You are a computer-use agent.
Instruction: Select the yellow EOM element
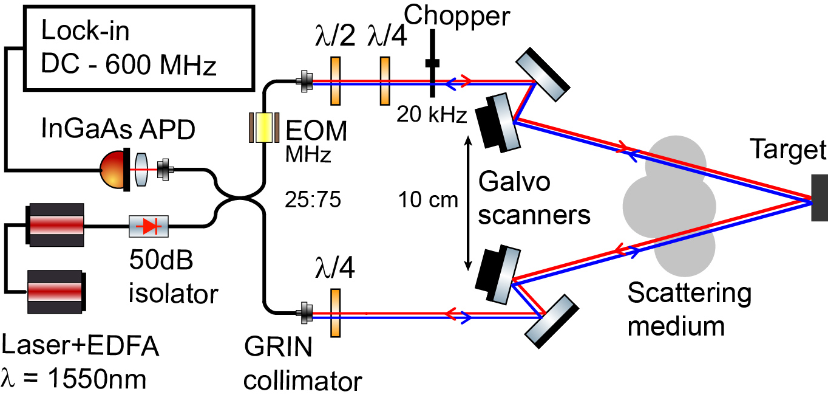(263, 128)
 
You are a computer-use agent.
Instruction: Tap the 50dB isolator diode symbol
(149, 226)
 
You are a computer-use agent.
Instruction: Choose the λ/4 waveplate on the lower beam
(334, 313)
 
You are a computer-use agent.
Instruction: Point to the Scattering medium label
(689, 310)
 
